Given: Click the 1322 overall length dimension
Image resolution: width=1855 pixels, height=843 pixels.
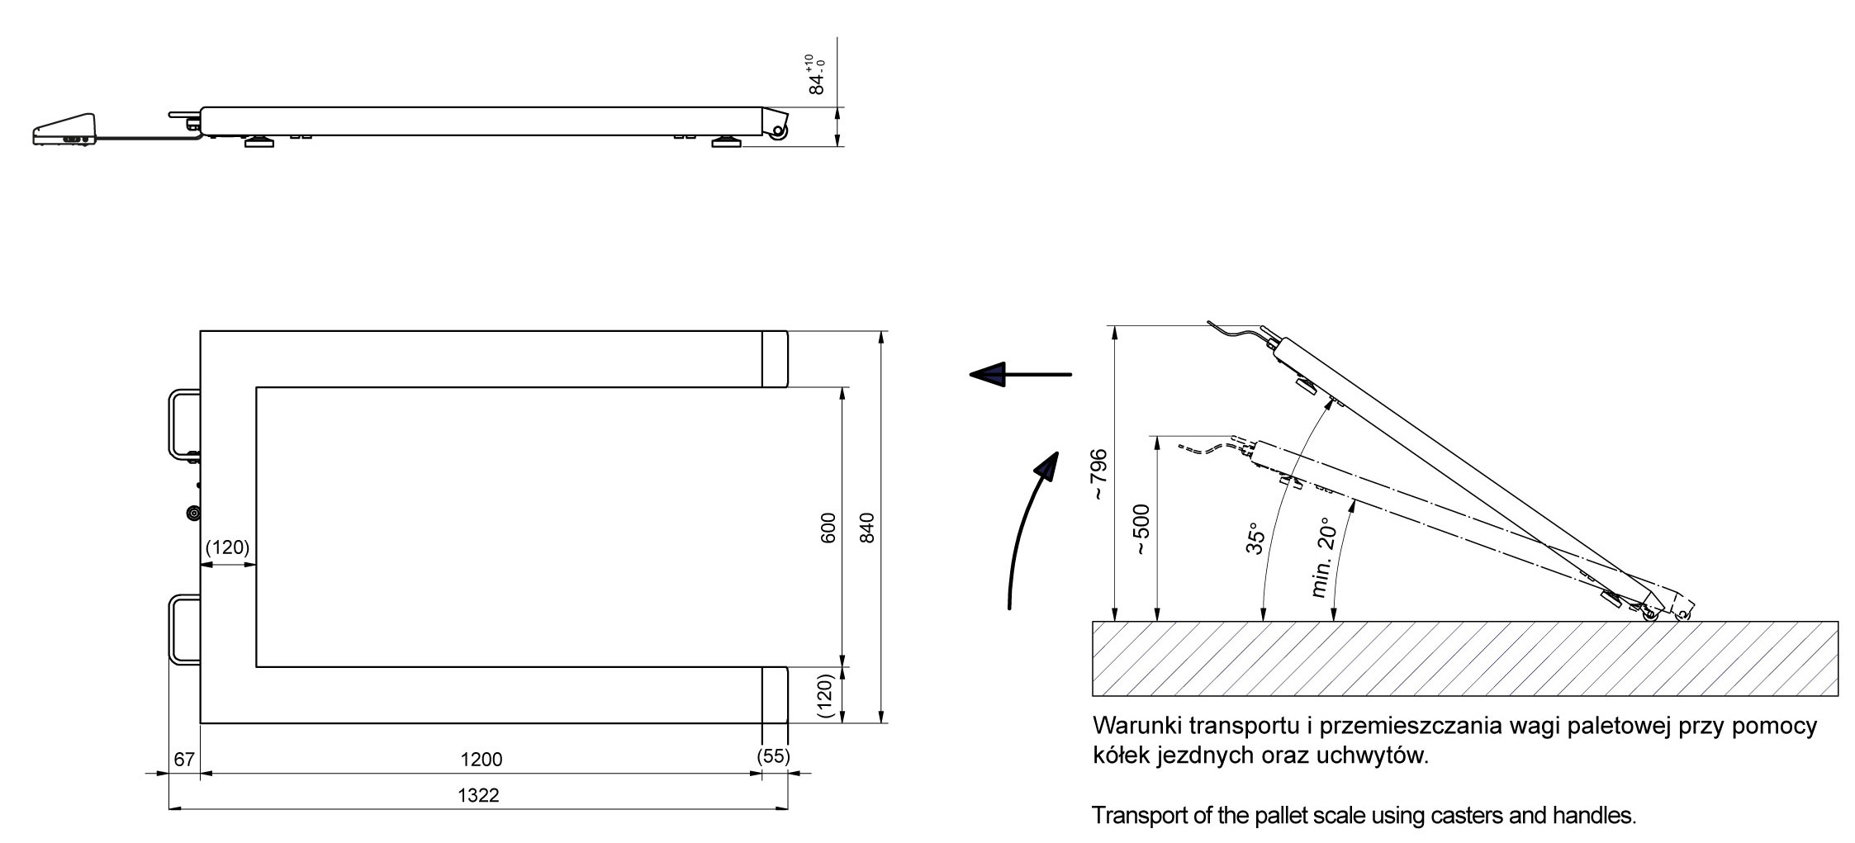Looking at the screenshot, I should point(478,795).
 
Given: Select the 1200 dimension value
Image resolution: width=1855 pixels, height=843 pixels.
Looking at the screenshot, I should point(481,759).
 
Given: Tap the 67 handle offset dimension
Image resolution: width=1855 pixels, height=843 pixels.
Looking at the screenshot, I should point(184,759).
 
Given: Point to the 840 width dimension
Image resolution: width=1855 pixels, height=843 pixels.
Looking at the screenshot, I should point(866,528).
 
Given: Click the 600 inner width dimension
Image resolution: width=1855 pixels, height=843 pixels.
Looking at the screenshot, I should point(828,528).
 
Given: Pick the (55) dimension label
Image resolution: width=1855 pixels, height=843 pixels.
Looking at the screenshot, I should point(773,756).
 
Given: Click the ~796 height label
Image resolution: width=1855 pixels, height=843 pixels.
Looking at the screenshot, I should point(1098,475).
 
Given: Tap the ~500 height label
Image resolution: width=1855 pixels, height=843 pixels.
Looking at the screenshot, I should point(1142,529).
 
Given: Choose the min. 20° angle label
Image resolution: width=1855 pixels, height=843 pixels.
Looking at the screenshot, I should point(1321,557).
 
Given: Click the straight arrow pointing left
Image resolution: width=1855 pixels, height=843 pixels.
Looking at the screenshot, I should point(1020,375).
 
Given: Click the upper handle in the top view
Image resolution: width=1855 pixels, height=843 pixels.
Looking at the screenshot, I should point(183,423).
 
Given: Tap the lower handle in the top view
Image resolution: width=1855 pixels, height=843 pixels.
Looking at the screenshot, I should point(183,629).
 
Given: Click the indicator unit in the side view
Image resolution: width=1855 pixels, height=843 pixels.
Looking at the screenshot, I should point(65,130).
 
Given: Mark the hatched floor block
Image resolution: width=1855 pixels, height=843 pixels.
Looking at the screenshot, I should point(1465,659).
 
